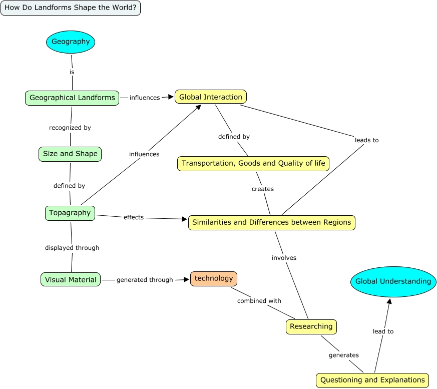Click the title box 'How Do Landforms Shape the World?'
(71, 8)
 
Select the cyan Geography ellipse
(71, 42)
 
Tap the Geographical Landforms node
(72, 98)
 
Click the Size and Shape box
(70, 154)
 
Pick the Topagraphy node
(70, 213)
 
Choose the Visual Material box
(71, 280)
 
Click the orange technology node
(214, 279)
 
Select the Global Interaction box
(211, 97)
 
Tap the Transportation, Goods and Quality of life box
(253, 164)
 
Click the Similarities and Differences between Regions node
(272, 223)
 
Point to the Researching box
(311, 327)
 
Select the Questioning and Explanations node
(372, 380)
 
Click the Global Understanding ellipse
(393, 282)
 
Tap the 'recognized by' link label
(70, 128)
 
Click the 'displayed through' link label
(72, 248)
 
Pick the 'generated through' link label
(145, 280)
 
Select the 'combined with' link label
(259, 301)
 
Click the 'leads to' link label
(367, 141)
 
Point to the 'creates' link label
(263, 189)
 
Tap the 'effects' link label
(134, 218)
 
